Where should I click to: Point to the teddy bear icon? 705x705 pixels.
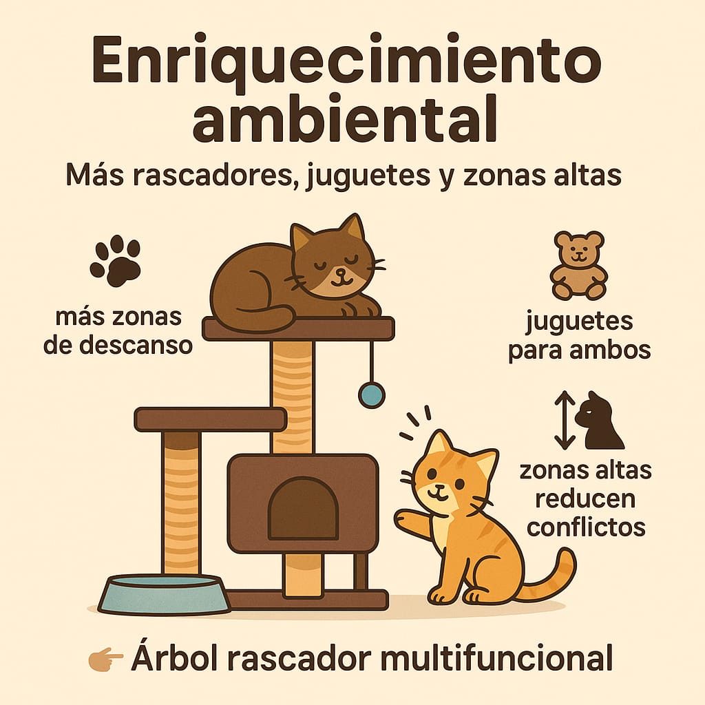[578, 265]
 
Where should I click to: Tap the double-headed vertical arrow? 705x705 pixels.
[565, 420]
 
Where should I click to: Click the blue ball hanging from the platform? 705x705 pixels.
[372, 394]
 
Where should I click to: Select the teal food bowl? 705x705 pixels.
[164, 594]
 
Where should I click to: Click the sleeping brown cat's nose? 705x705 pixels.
[340, 272]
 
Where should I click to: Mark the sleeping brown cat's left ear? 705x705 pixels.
[301, 238]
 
